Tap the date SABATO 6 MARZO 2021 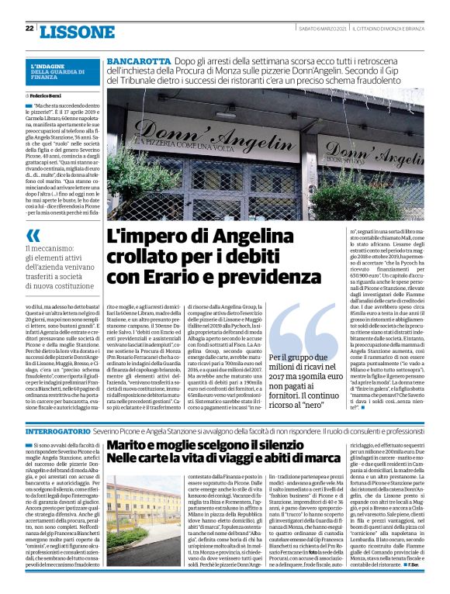point(322,29)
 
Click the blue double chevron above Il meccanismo point(33,235)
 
